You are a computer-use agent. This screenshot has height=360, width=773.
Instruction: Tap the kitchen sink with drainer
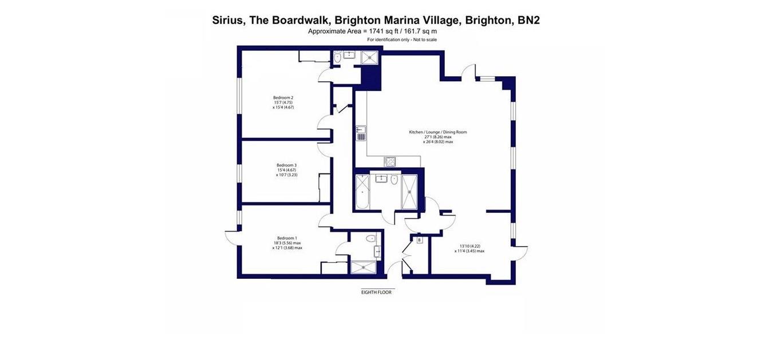point(361,133)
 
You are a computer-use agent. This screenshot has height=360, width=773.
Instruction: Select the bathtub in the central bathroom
point(362,192)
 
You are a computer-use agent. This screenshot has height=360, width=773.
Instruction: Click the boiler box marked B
point(419,240)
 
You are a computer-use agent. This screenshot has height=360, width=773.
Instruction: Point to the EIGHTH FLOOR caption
point(376,292)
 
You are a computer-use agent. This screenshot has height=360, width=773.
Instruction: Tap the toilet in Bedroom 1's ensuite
point(372,238)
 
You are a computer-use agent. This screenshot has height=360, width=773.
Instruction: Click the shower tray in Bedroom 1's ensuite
point(363,267)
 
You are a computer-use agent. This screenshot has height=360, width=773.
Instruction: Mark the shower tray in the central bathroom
point(411,192)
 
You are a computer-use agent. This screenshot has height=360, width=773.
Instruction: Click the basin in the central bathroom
point(381,179)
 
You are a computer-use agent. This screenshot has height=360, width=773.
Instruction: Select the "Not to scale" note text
point(424,39)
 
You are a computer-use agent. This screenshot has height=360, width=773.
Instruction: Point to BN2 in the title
point(528,21)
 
